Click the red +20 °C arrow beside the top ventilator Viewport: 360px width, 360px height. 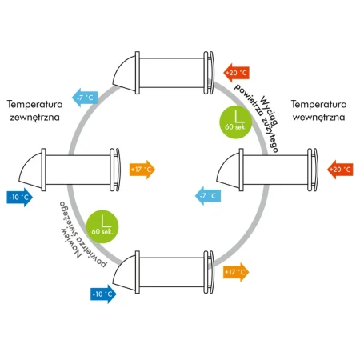tap(236, 73)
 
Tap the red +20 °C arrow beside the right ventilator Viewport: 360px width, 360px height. tap(340, 170)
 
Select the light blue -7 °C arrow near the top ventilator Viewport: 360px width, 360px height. tap(85, 98)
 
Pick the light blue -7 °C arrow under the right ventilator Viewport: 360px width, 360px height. tap(208, 196)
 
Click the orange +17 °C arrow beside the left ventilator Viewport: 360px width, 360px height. tap(142, 170)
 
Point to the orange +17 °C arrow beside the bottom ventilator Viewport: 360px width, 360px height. tap(236, 272)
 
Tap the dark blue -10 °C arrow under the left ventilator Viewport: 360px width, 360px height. tap(20, 198)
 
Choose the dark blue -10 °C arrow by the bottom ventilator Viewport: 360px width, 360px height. tap(103, 294)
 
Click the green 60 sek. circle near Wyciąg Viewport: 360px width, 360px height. tap(236, 122)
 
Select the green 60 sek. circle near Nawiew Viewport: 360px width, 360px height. tap(102, 226)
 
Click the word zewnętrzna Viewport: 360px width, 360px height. tap(34, 118)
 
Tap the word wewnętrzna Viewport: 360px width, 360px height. tap(318, 118)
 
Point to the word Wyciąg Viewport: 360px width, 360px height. tap(269, 110)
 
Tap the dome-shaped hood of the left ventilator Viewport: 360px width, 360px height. tap(30, 170)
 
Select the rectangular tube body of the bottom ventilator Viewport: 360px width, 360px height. tap(171, 272)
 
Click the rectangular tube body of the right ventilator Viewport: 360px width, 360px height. tap(275, 170)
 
